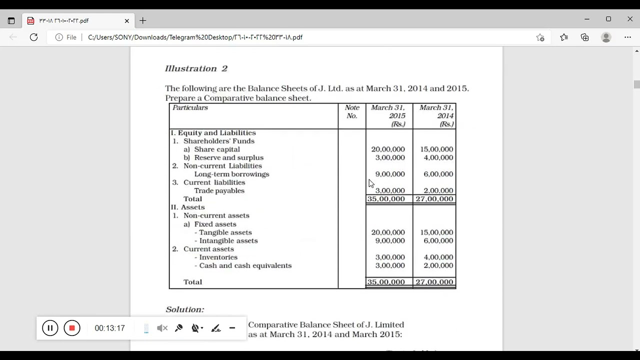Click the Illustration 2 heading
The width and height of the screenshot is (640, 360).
coord(196,68)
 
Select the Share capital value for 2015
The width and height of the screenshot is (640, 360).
coord(387,149)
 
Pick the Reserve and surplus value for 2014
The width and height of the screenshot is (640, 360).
coord(438,157)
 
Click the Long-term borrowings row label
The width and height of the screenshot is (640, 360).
coord(231,174)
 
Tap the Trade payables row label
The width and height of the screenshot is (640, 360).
coord(219,190)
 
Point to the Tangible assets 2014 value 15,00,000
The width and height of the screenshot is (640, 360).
coord(436,232)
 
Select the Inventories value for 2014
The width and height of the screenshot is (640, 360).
coord(438,257)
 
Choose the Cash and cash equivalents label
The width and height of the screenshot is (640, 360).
coord(245,265)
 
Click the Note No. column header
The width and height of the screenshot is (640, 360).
coord(352,111)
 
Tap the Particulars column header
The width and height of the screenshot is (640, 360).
coord(190,107)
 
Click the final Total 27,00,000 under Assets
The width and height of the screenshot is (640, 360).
coord(434,282)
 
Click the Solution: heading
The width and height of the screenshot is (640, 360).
coord(184,309)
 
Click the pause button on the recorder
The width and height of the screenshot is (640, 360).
coord(50,328)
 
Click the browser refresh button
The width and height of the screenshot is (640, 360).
coord(33,37)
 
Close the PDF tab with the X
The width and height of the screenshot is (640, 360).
coord(127,20)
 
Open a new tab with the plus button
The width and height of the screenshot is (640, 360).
coord(143,20)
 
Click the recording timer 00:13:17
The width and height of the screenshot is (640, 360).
coord(109,328)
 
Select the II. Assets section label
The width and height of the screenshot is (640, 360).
coord(188,207)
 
